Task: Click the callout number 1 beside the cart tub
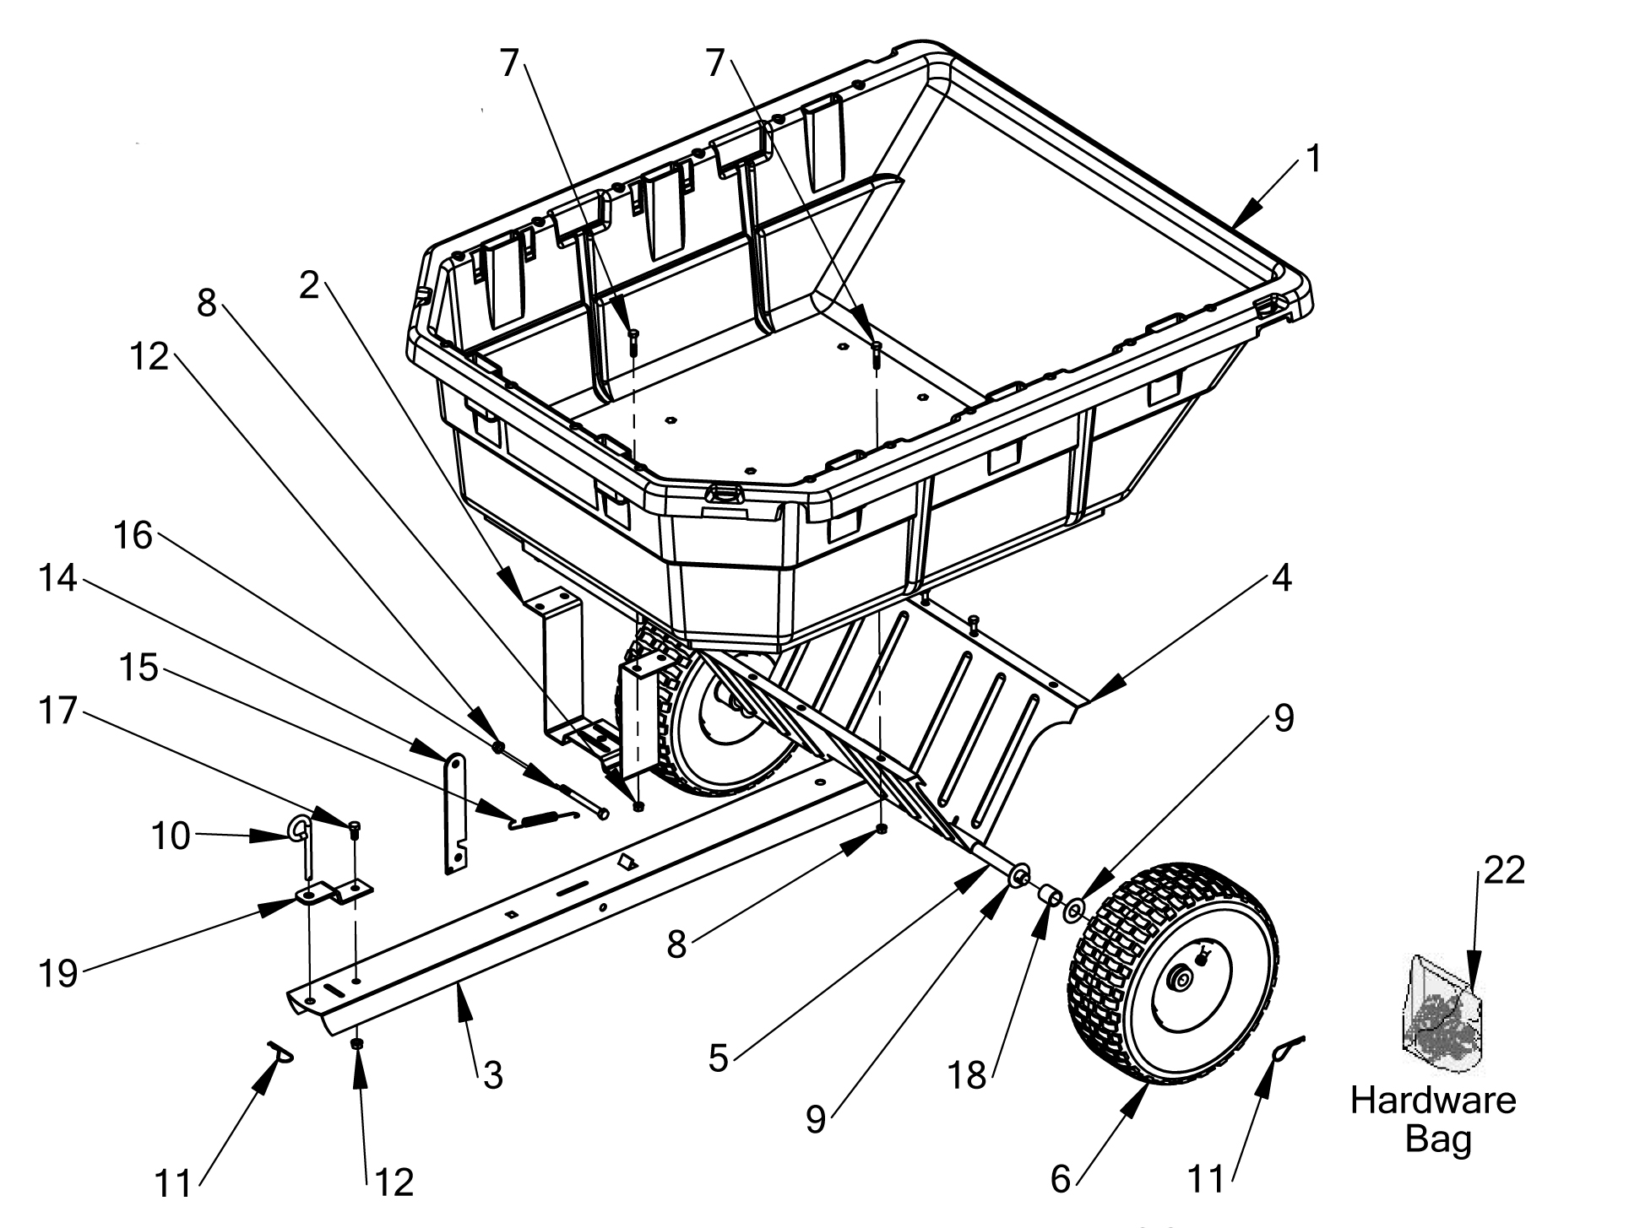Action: [1311, 158]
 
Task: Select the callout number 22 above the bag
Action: [1503, 869]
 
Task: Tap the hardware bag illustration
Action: [1441, 1015]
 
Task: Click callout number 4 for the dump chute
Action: [1281, 579]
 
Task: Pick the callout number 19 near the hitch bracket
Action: [58, 973]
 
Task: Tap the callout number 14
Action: [58, 579]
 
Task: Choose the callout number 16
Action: [133, 535]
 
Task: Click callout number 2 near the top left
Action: [310, 285]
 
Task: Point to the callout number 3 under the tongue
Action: [492, 1074]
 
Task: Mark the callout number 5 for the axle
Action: [718, 1058]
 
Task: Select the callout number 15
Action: [139, 668]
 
